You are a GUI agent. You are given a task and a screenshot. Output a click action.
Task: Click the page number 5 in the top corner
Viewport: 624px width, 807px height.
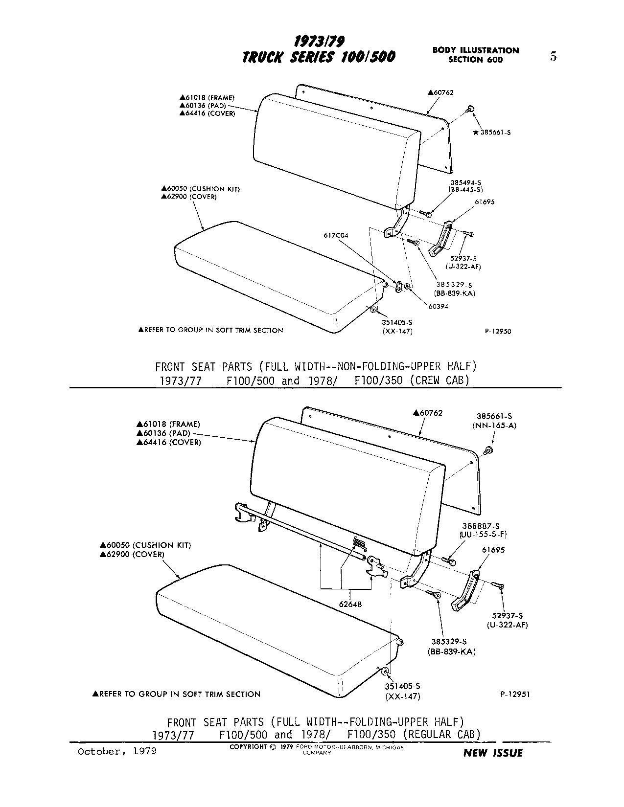pos(553,57)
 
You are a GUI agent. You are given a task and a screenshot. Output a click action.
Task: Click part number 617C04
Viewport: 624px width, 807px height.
pos(336,235)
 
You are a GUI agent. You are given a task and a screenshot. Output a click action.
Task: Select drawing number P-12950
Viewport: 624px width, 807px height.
pos(498,331)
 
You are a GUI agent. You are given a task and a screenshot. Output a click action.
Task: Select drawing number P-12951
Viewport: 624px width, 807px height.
pos(515,694)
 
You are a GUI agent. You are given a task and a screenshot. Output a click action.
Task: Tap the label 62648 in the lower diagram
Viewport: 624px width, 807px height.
pos(350,604)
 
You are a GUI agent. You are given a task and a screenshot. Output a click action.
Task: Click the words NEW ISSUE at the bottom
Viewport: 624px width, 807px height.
pos(492,753)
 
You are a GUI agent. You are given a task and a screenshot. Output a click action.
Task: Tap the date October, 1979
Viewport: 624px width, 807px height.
pos(117,751)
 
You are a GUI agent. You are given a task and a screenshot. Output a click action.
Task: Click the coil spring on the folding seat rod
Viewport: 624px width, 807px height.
pos(360,543)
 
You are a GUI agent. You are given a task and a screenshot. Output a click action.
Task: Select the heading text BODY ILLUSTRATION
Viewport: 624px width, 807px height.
pos(475,50)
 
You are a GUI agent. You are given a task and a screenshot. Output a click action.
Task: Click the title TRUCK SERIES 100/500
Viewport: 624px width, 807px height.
pos(319,57)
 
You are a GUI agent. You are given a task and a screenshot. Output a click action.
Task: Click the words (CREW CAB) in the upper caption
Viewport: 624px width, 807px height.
pos(439,381)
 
